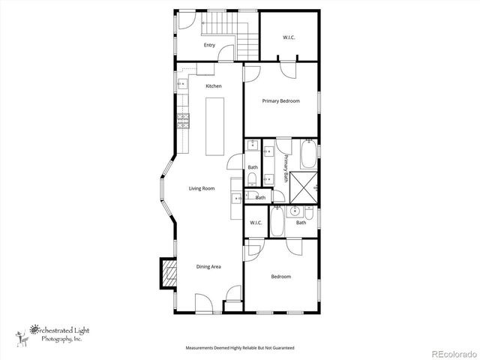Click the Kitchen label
pyautogui.click(x=214, y=86)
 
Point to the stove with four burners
pyautogui.click(x=181, y=121)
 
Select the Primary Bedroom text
pyautogui.click(x=280, y=100)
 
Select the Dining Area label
pyautogui.click(x=208, y=266)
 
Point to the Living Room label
pyautogui.click(x=202, y=188)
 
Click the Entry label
pyautogui.click(x=209, y=46)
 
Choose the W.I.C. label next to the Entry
pyautogui.click(x=289, y=38)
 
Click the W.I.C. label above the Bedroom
pyautogui.click(x=255, y=223)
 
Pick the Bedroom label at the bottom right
pyautogui.click(x=280, y=277)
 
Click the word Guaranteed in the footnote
pyautogui.click(x=282, y=349)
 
